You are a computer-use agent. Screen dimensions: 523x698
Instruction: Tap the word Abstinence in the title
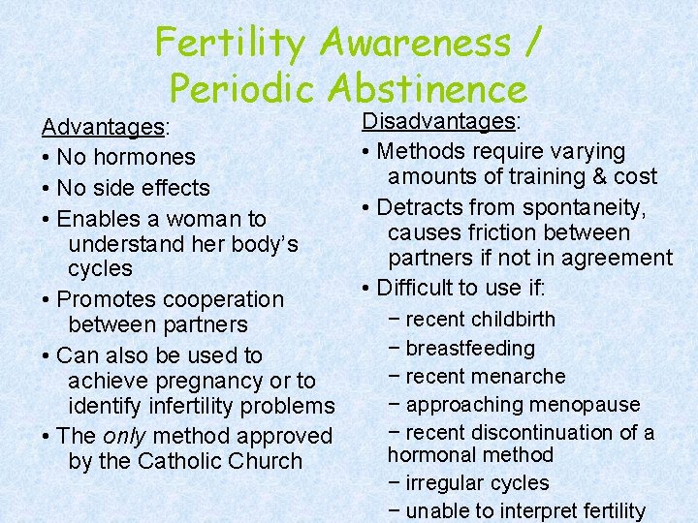click(x=428, y=89)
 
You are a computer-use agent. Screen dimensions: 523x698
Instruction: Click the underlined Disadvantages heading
click(x=440, y=121)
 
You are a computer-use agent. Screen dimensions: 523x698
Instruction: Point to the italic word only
click(x=124, y=437)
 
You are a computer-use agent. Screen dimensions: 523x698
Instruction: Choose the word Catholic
click(x=181, y=461)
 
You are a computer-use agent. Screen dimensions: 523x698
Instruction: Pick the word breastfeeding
click(x=470, y=348)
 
